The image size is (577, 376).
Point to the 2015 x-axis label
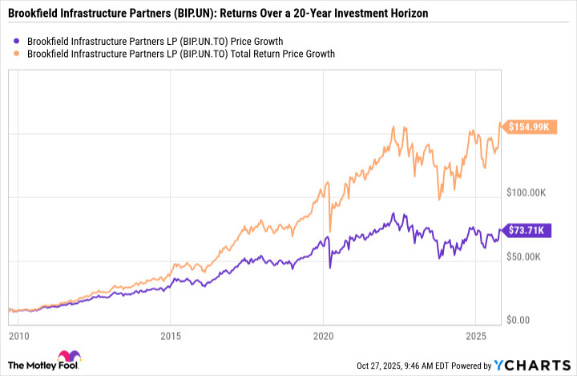click(170, 334)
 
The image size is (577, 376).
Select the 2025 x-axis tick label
click(476, 334)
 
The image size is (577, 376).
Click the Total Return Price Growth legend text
click(180, 54)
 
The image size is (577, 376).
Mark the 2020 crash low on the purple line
click(330, 267)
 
